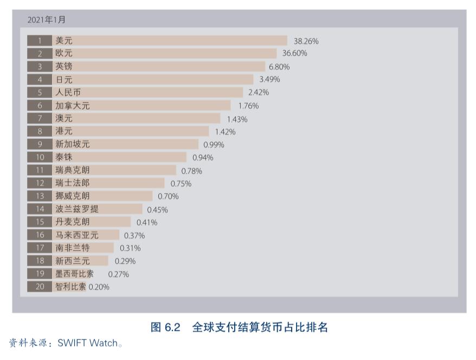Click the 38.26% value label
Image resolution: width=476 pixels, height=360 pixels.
(x=306, y=41)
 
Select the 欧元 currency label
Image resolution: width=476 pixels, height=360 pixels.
(x=64, y=53)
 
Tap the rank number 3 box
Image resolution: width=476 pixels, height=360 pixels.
(x=40, y=67)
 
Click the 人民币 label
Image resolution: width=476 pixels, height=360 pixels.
(x=68, y=93)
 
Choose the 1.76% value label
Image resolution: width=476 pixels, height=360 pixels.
(x=248, y=106)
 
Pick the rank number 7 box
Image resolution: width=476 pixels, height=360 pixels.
(x=40, y=118)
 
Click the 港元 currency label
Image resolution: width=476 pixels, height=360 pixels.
(x=64, y=131)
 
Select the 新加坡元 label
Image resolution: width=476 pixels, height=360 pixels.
(x=73, y=144)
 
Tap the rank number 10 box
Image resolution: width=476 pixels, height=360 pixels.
(x=40, y=157)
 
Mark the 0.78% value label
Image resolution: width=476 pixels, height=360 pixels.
(x=191, y=171)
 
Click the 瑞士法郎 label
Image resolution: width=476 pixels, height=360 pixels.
(x=73, y=183)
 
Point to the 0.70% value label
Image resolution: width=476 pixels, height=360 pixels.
(x=168, y=196)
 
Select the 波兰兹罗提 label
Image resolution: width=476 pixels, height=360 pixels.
(x=77, y=209)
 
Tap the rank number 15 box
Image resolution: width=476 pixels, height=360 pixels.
(x=40, y=222)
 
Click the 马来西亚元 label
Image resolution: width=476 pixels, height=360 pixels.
(x=77, y=235)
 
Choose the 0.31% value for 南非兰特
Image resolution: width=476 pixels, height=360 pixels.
(x=130, y=248)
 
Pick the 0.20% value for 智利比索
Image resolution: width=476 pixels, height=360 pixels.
(x=99, y=287)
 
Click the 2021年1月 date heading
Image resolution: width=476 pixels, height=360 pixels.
(x=47, y=20)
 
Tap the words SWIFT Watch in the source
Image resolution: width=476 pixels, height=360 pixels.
(x=87, y=343)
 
